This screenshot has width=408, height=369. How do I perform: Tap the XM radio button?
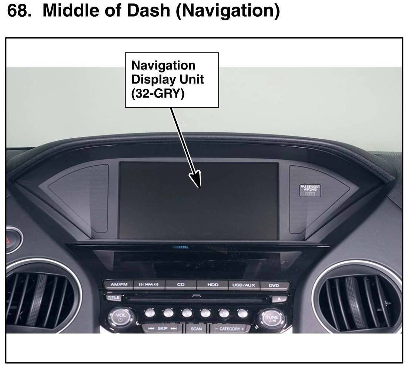[x=148, y=285]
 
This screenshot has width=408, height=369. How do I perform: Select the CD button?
[x=181, y=285]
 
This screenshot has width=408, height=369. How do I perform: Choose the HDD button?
[x=213, y=285]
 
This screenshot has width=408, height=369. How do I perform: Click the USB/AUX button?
[x=244, y=285]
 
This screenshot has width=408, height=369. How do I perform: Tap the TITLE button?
[x=113, y=297]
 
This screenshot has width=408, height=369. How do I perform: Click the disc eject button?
[x=279, y=298]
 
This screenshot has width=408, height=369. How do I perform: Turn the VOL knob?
[x=121, y=317]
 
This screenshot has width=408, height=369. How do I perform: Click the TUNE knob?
[x=272, y=317]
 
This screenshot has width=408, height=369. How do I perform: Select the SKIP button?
[x=163, y=328]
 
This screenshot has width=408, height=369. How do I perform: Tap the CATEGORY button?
[x=230, y=328]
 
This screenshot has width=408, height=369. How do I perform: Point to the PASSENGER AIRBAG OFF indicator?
[x=310, y=190]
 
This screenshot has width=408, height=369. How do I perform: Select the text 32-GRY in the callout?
[x=158, y=94]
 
